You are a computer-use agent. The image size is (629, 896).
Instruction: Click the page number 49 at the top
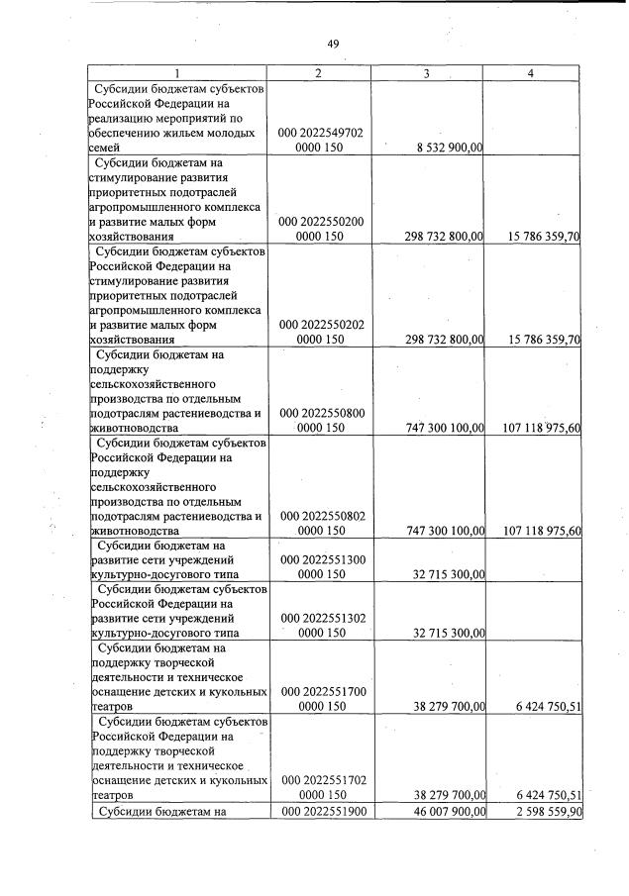click(x=333, y=43)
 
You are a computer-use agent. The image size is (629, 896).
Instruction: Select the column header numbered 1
click(x=177, y=73)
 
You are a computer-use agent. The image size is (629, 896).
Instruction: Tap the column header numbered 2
click(x=320, y=73)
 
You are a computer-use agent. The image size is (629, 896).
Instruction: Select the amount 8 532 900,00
click(x=443, y=148)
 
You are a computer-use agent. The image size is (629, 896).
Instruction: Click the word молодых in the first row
click(x=237, y=132)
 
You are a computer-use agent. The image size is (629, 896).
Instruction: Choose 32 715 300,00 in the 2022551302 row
click(x=445, y=634)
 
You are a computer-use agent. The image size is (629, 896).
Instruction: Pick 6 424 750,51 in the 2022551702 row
click(x=541, y=794)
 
